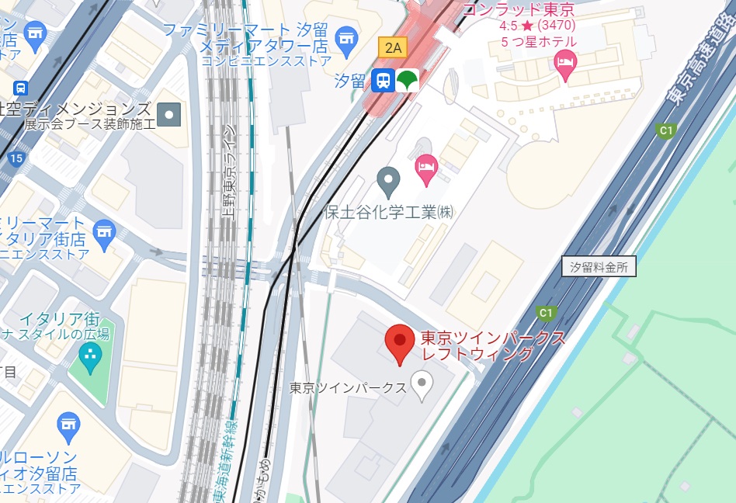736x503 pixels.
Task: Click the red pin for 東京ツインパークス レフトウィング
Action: pos(400,342)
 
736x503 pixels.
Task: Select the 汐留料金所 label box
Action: pos(598,267)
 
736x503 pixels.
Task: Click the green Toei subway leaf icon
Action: pos(406,80)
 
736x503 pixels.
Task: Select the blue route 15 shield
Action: pos(16,159)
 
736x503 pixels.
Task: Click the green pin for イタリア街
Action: pos(90,357)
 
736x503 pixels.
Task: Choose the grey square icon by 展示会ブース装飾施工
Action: pos(168,115)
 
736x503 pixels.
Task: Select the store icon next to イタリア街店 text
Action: pos(103,231)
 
